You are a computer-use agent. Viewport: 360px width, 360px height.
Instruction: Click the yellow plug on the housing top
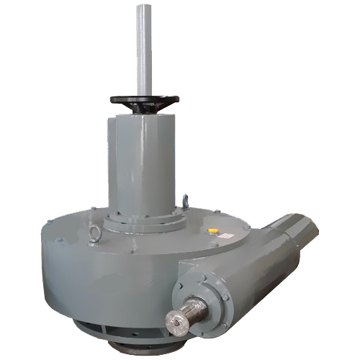coord(212,230)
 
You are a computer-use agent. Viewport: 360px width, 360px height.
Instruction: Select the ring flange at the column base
coord(144,220)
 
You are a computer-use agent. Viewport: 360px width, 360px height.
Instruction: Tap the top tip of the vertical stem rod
coord(143,6)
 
